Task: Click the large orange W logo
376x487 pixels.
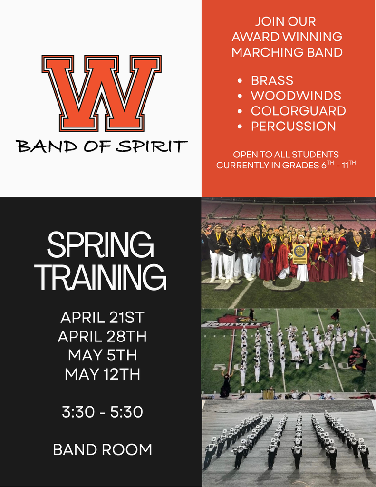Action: [x=101, y=93]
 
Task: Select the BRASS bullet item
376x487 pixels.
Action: [x=272, y=80]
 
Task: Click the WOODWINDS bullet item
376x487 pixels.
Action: [x=296, y=96]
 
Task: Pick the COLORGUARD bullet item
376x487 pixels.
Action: [x=298, y=111]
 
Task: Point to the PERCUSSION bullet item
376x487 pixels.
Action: [x=293, y=126]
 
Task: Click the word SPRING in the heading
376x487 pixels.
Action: [x=100, y=246]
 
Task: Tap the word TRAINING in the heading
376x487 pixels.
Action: [x=102, y=277]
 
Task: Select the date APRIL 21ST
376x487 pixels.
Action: [x=102, y=317]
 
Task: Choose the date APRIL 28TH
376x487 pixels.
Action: [x=102, y=336]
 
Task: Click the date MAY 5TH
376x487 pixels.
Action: [x=102, y=355]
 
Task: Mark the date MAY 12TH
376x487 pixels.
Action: [x=102, y=374]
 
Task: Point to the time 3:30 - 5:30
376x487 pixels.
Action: [x=102, y=412]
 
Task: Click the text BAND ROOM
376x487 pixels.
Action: [x=102, y=449]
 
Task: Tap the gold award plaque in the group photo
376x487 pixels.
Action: [x=300, y=253]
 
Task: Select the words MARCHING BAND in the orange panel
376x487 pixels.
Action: [x=287, y=52]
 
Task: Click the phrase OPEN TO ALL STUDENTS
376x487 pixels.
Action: [x=286, y=155]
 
